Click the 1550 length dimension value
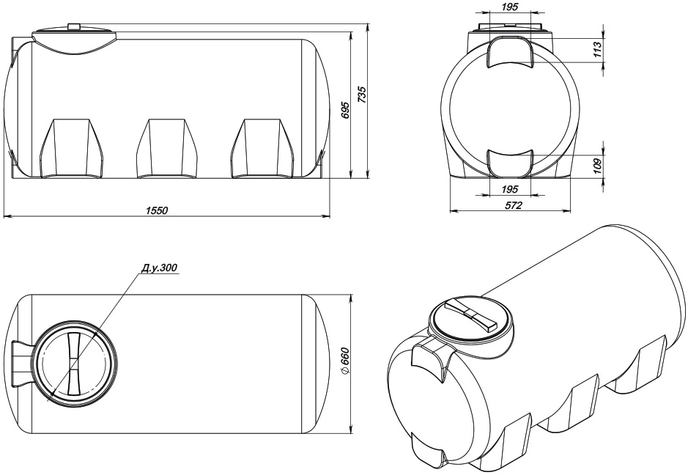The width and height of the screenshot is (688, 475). [157, 210]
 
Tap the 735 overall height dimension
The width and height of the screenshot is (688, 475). [363, 95]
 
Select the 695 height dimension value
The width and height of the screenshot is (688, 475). [345, 111]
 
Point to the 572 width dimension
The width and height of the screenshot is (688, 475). [514, 205]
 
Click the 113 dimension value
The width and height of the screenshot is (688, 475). [596, 50]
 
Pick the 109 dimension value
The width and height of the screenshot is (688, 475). [596, 166]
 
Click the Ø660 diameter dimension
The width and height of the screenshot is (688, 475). [345, 361]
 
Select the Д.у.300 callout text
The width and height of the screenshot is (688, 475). [160, 268]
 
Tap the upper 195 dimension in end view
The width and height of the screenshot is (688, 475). [509, 7]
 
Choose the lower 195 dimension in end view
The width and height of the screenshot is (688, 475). [509, 190]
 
